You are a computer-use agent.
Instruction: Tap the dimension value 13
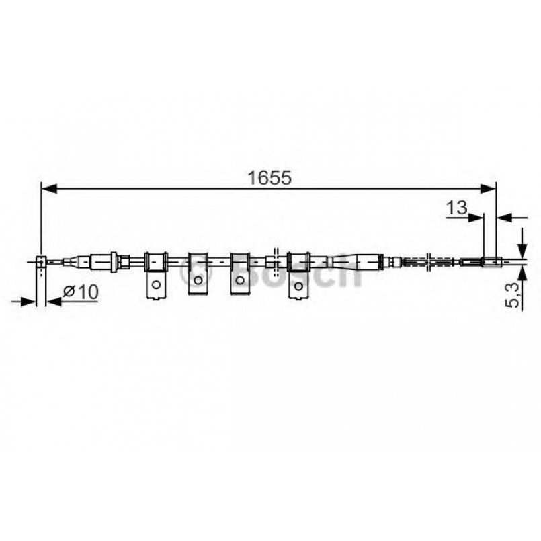[x=456, y=208]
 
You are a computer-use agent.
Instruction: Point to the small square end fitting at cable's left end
[x=42, y=261]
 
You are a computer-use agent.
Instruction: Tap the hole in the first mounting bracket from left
[x=155, y=284]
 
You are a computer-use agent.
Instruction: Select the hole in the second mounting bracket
[x=198, y=278]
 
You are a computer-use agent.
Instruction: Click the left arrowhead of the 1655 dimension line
[x=47, y=190]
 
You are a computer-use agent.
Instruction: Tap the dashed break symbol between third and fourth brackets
[x=272, y=261]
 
